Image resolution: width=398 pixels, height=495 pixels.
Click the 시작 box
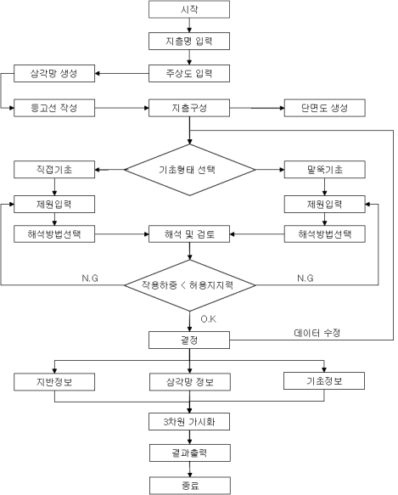click(189, 9)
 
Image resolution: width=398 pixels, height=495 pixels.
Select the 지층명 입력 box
click(189, 41)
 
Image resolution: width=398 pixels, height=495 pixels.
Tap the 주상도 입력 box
click(189, 74)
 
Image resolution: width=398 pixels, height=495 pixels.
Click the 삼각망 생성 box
click(54, 74)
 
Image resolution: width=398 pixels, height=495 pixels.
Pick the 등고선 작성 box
click(54, 108)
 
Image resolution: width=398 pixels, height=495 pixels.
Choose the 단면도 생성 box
click(325, 108)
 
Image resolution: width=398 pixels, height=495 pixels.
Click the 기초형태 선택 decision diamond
click(190, 170)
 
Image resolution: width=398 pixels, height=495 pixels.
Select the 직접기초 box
click(54, 170)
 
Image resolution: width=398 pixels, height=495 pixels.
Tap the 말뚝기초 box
click(325, 170)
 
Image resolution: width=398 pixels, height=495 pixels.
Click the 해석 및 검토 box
click(189, 234)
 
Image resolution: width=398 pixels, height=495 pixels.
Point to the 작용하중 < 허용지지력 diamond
click(190, 285)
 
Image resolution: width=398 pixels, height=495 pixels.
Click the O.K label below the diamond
click(208, 319)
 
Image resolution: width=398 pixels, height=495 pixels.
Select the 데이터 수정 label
click(317, 333)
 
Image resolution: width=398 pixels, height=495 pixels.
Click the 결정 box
click(189, 340)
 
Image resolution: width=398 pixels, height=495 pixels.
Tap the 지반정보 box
click(54, 382)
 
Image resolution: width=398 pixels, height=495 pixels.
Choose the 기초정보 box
click(324, 381)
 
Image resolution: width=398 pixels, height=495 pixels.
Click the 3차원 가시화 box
click(189, 421)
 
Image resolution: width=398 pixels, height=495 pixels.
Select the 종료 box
click(190, 486)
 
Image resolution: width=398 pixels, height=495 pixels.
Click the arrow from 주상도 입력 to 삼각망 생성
click(122, 74)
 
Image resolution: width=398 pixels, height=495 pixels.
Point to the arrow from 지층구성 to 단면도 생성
click(257, 108)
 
